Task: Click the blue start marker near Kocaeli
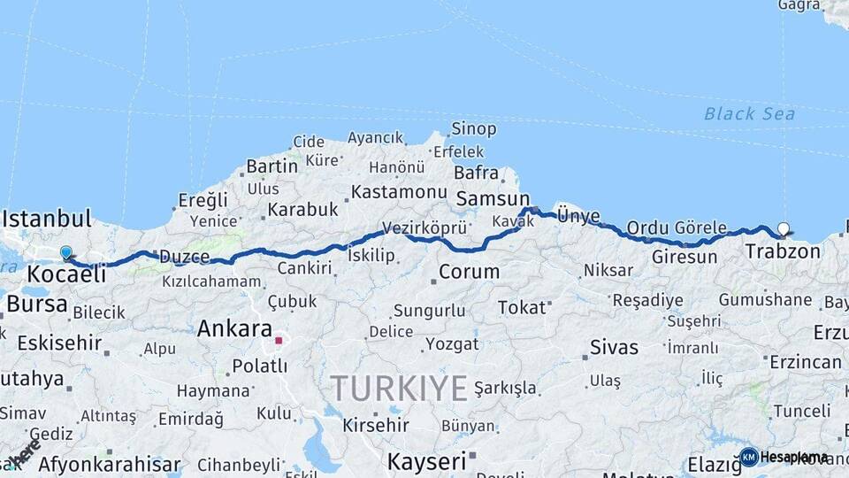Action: pyautogui.click(x=65, y=253)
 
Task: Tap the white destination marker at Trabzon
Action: pyautogui.click(x=783, y=228)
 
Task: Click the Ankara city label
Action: pyautogui.click(x=234, y=329)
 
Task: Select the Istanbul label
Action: pyautogui.click(x=47, y=219)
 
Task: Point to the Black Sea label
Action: pyautogui.click(x=749, y=113)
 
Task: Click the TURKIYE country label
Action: pyautogui.click(x=399, y=389)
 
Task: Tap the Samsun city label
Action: pyautogui.click(x=492, y=199)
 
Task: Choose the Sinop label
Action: pyautogui.click(x=474, y=129)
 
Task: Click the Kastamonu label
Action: pyautogui.click(x=399, y=192)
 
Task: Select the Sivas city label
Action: pyautogui.click(x=614, y=347)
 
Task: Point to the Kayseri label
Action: pyautogui.click(x=426, y=461)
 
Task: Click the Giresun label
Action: pyautogui.click(x=685, y=258)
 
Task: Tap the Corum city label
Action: pyautogui.click(x=469, y=272)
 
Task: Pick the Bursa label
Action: pyautogui.click(x=36, y=305)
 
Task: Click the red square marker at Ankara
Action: pyautogui.click(x=279, y=339)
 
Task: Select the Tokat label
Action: pyautogui.click(x=522, y=307)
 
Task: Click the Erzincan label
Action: pyautogui.click(x=805, y=362)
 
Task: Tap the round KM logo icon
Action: pyautogui.click(x=748, y=457)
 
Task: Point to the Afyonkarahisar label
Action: pyautogui.click(x=110, y=465)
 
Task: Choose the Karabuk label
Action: pyautogui.click(x=303, y=210)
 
